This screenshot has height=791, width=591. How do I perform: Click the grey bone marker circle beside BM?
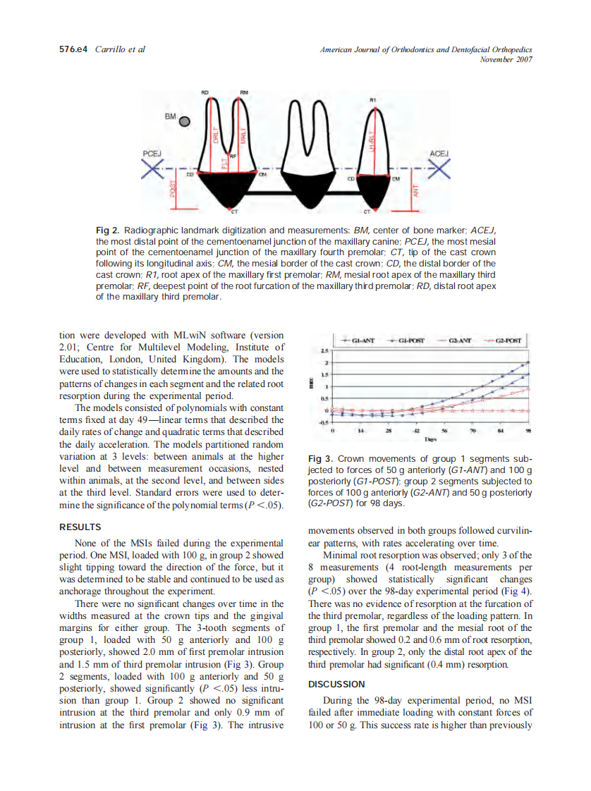tap(185, 121)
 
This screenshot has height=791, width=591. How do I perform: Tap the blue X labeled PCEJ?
tap(152, 169)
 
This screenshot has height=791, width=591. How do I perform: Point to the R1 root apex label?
tap(373, 101)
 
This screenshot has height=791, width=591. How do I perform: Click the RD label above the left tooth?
tap(205, 92)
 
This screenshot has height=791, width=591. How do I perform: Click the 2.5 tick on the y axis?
tap(325, 350)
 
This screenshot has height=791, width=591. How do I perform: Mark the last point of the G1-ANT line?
tap(528, 362)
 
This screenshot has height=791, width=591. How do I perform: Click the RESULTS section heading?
tap(80, 527)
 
